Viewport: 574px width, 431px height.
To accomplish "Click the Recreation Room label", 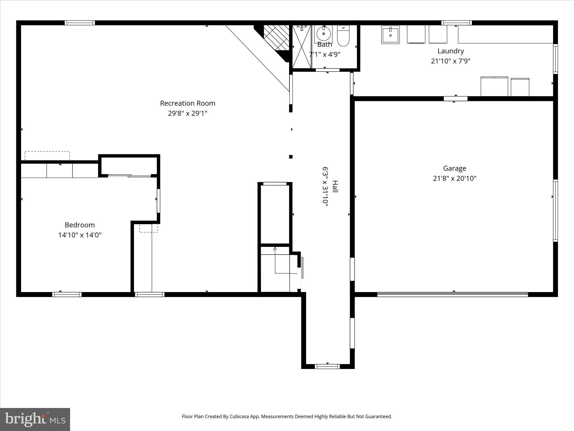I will click(x=188, y=103).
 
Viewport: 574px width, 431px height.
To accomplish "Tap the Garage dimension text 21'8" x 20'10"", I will click(x=454, y=178).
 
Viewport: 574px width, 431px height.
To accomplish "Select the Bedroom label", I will click(x=80, y=225).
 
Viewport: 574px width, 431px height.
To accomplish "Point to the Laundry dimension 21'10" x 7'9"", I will click(x=450, y=61).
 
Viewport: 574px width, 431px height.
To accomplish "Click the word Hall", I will click(x=335, y=186).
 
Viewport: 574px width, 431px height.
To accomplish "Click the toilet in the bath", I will click(x=343, y=36).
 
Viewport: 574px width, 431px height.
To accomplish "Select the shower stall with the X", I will click(x=302, y=46).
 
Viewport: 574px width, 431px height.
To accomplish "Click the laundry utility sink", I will click(x=390, y=35).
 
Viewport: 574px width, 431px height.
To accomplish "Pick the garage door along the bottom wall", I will click(x=452, y=294).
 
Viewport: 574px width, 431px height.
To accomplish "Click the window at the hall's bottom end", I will click(x=327, y=366).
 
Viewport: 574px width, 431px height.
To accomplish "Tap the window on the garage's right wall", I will click(x=555, y=210).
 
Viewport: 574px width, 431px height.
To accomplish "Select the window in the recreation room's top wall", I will click(x=80, y=23).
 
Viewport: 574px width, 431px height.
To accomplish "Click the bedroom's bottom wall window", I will click(x=67, y=294).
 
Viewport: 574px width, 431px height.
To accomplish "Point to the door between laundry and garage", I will click(x=455, y=98).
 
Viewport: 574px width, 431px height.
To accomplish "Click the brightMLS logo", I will click(x=35, y=419).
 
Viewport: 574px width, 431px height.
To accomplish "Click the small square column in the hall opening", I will click(x=291, y=157).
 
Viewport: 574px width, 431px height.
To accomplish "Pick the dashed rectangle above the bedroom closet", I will click(x=47, y=156).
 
